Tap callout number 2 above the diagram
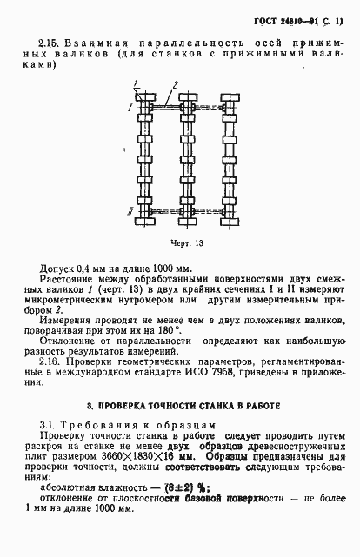click(177, 83)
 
